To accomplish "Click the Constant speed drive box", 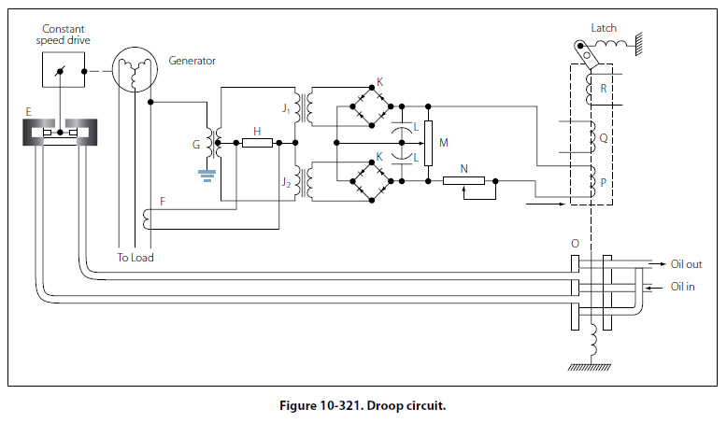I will (x=63, y=71).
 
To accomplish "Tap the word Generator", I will (x=192, y=61).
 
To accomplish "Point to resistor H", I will (x=257, y=143).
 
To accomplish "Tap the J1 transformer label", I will (x=285, y=109).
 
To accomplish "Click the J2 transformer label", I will (x=285, y=182).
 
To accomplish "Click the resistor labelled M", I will (x=428, y=143).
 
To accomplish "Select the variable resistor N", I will (x=463, y=180).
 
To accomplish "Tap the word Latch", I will (x=604, y=28).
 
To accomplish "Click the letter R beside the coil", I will (x=605, y=89).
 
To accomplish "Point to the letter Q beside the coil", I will (x=604, y=137).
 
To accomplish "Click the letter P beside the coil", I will (x=604, y=184).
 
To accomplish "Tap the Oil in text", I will (x=683, y=287).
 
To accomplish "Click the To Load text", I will (x=135, y=258).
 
